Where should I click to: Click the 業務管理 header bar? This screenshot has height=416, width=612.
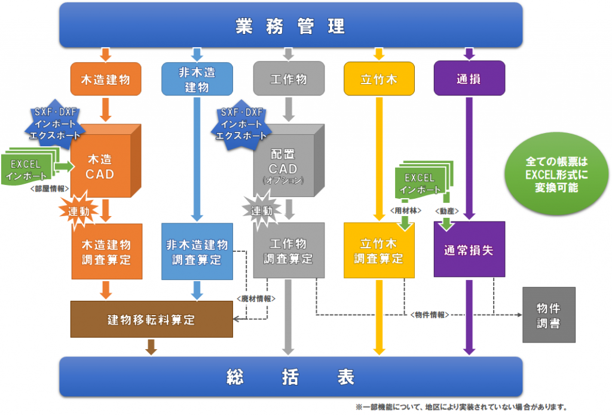point(290,26)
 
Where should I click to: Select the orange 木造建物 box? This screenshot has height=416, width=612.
point(106,79)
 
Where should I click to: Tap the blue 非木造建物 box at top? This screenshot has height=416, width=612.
point(197,79)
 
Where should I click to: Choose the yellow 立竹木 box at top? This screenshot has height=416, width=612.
point(379,79)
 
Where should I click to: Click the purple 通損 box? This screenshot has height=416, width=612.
point(469,79)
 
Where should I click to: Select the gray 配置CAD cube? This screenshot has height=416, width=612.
point(284,164)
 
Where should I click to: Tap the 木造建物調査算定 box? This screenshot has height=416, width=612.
point(107,251)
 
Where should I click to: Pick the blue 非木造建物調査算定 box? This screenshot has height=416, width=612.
point(197,251)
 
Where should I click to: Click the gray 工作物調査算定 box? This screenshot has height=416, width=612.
point(289,251)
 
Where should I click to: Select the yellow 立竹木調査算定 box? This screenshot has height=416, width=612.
point(379,251)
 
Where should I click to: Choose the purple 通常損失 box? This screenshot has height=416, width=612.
point(469,250)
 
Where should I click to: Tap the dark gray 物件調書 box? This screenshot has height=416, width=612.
point(549,315)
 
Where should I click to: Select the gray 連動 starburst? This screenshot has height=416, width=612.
point(261,211)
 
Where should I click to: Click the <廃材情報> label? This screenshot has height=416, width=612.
point(254,298)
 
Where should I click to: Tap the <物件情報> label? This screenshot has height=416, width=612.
point(430,315)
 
